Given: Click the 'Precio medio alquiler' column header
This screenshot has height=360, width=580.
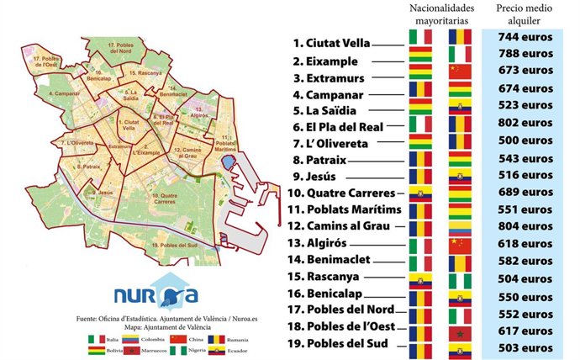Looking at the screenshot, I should click(525, 13).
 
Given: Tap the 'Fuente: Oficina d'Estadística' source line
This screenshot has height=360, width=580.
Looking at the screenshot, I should click(156, 320).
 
